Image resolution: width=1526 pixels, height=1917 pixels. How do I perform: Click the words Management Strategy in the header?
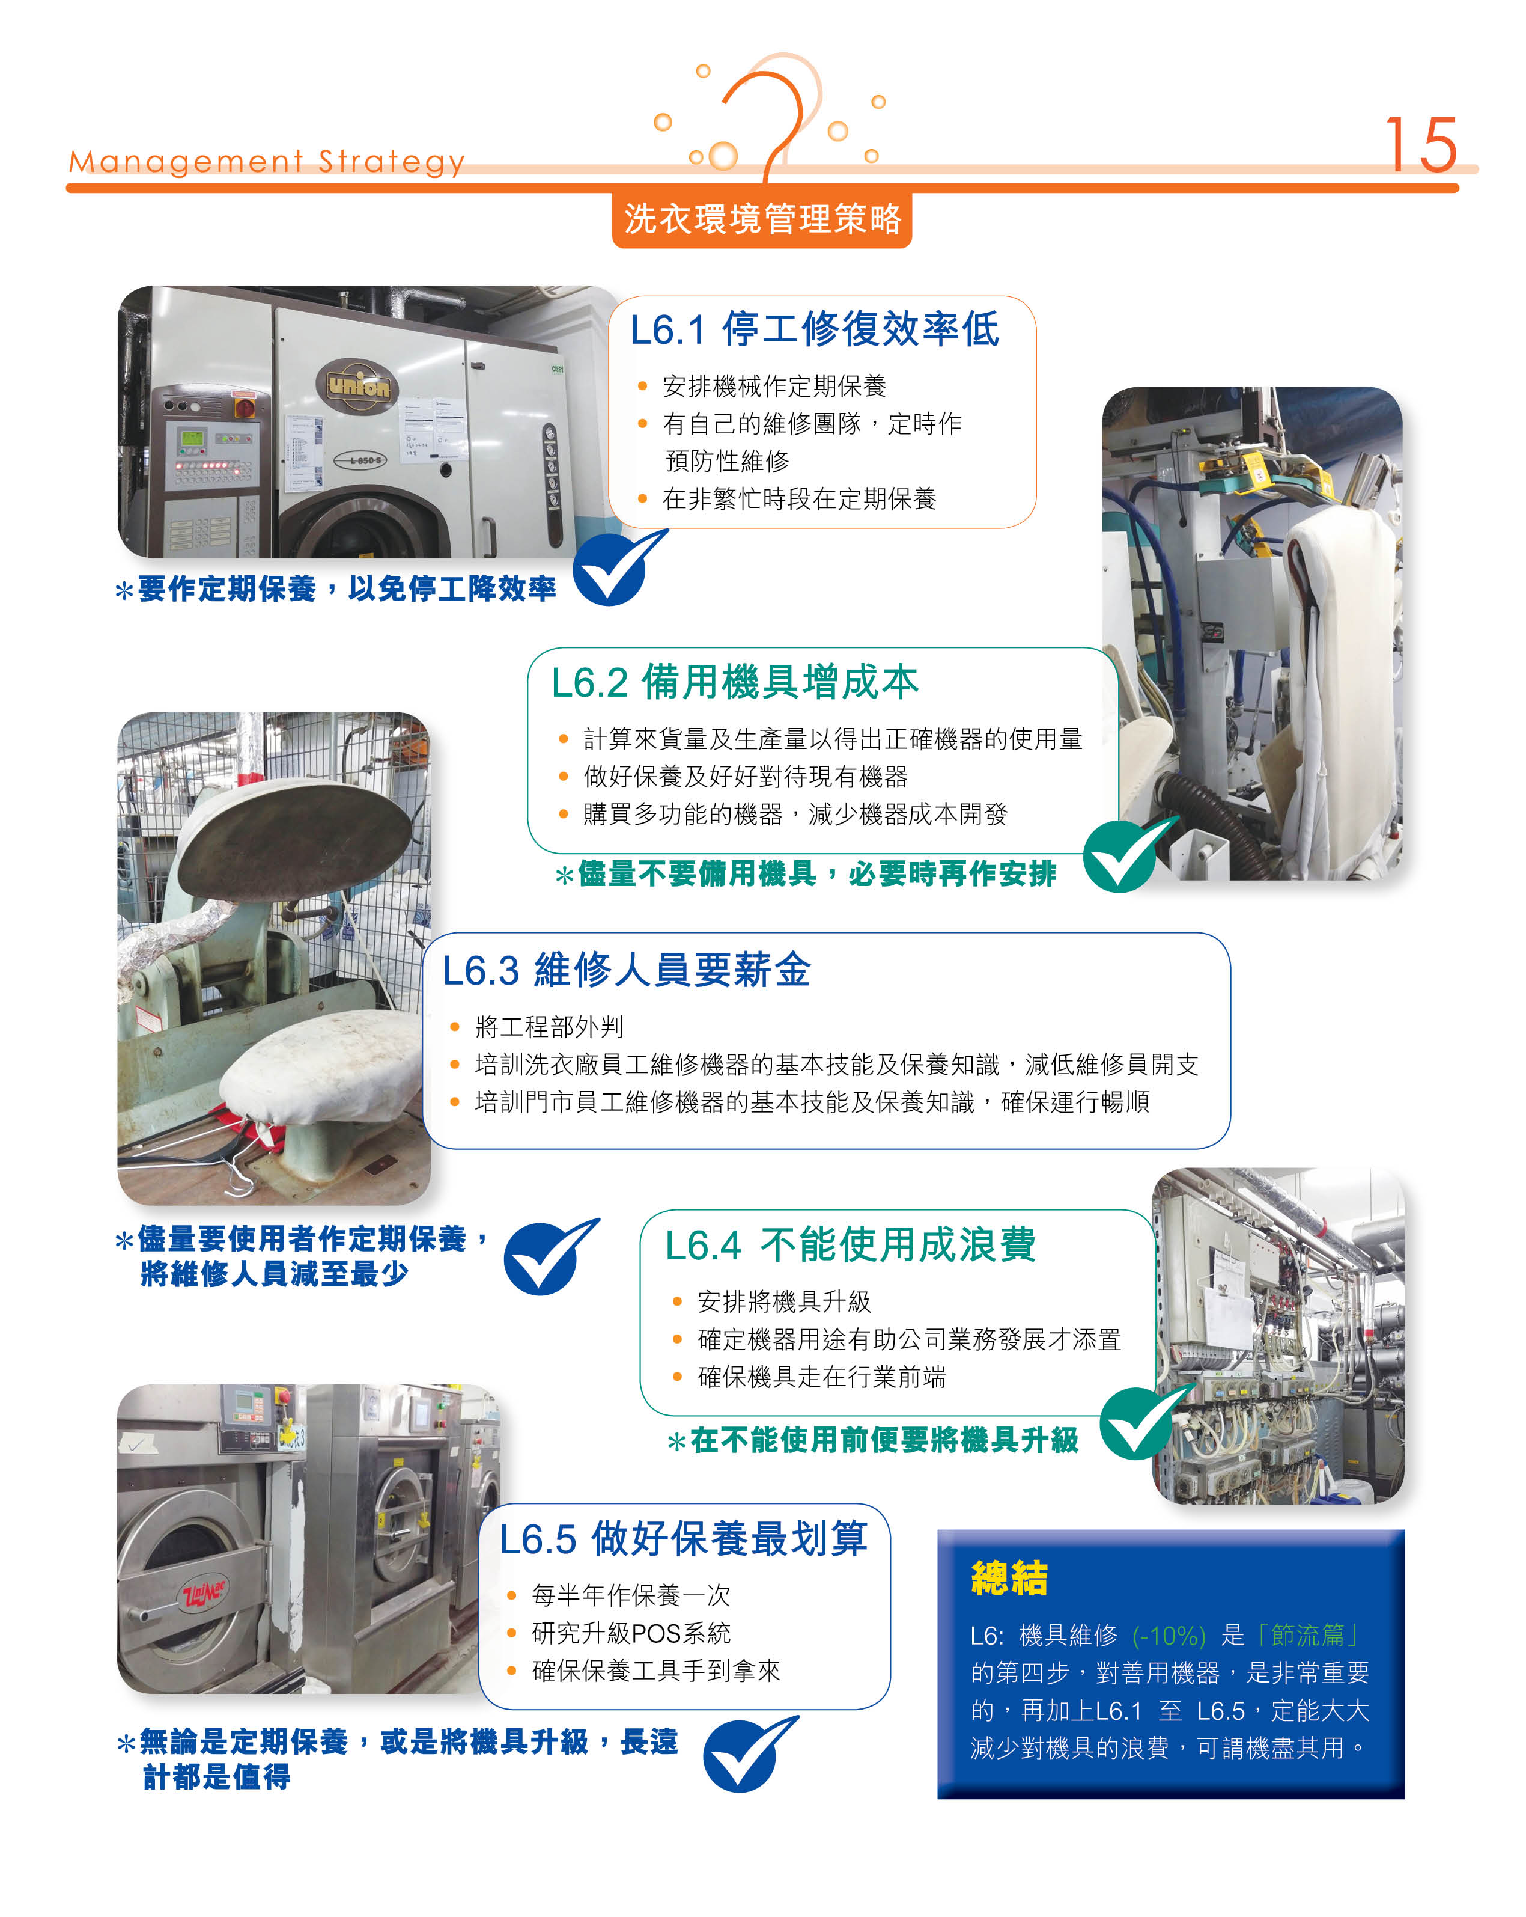(x=267, y=162)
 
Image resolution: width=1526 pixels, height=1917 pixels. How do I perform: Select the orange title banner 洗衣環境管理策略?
(x=762, y=219)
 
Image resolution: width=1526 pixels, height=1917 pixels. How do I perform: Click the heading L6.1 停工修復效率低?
(x=814, y=329)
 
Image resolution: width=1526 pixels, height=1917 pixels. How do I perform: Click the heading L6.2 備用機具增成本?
(x=734, y=682)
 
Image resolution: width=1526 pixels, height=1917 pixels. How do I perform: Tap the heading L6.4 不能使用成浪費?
(x=851, y=1245)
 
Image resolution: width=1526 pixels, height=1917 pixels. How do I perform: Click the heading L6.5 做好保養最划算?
(x=682, y=1538)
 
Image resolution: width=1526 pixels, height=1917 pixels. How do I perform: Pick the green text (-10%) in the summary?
(x=1169, y=1635)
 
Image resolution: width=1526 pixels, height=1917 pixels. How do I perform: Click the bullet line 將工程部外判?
(x=549, y=1027)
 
